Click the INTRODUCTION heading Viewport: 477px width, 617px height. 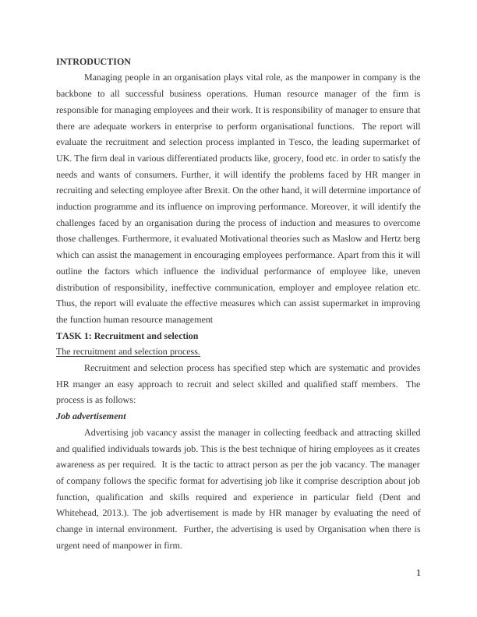coord(94,62)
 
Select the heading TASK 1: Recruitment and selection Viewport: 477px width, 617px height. coord(127,336)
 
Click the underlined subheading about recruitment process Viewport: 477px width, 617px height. coord(128,351)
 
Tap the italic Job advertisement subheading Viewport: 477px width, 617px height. coord(91,416)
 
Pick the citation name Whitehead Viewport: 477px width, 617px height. coord(82,513)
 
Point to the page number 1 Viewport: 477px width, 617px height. coord(419,573)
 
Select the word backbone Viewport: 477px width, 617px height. coord(77,93)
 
